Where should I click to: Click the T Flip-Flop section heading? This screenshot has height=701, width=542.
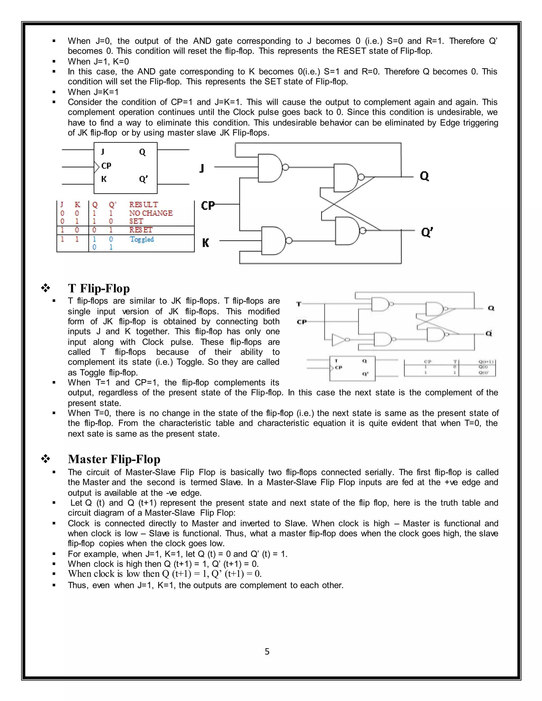coord(98,288)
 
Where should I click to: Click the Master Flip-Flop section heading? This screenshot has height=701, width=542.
coord(114,459)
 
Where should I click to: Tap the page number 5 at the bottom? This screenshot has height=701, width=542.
coord(267,651)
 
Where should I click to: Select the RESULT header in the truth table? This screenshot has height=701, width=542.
coord(143,204)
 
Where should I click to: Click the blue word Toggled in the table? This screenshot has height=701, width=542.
coord(142,239)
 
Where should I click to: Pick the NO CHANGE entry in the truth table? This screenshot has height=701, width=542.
coord(151,213)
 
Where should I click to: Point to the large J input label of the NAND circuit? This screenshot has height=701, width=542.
coord(202,168)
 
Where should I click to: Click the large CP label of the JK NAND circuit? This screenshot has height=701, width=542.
coord(208,206)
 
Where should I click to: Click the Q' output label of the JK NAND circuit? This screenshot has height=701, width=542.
coord(427,232)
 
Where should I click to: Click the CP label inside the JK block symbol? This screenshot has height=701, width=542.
coord(106,166)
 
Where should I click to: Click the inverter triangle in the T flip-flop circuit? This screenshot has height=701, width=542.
coord(338,340)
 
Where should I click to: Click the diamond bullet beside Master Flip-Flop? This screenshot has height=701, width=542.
coord(46,459)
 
